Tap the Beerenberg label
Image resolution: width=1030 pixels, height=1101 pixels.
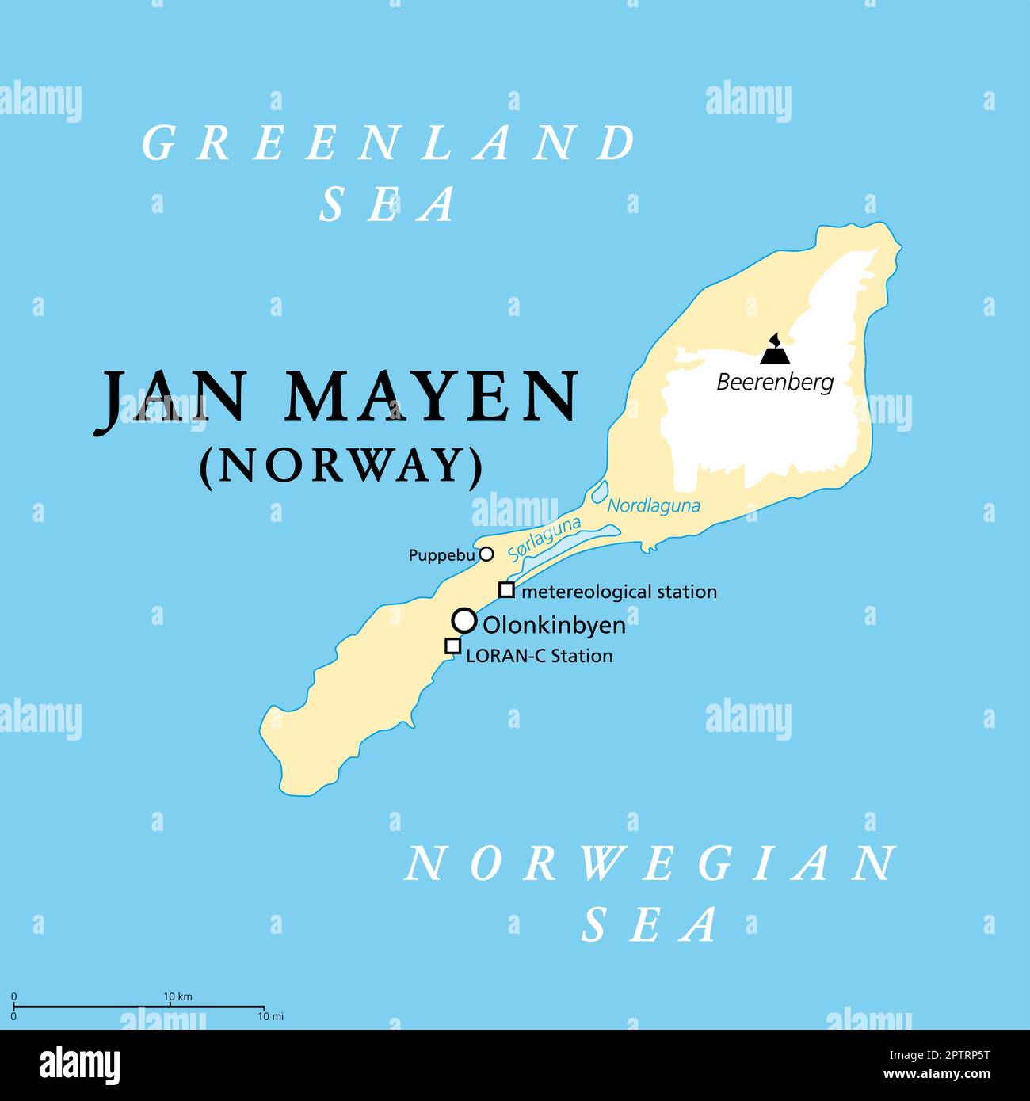coord(775,383)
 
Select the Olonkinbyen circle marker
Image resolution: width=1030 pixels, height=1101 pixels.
coord(464,620)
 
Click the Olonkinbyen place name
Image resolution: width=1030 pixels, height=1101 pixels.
coord(554,625)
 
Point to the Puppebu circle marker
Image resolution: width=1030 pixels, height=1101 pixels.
coord(486,554)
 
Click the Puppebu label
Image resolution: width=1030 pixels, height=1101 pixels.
coord(441,556)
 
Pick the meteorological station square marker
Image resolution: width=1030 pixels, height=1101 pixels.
coord(506,590)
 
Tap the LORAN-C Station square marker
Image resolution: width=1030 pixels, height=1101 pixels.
coord(452,646)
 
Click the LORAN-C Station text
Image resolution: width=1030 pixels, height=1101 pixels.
coord(539,656)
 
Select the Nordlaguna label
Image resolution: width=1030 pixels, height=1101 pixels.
coord(654,505)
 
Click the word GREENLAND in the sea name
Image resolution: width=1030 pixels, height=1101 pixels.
coord(388,143)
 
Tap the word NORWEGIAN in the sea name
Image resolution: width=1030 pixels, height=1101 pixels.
coord(651,863)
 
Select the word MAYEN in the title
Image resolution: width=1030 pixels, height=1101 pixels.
coord(432,396)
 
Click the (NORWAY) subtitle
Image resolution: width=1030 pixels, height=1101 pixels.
coord(341,466)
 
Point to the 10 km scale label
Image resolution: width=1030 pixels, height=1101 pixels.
coord(178,996)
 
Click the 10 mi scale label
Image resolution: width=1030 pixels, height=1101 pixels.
coord(272,1016)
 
